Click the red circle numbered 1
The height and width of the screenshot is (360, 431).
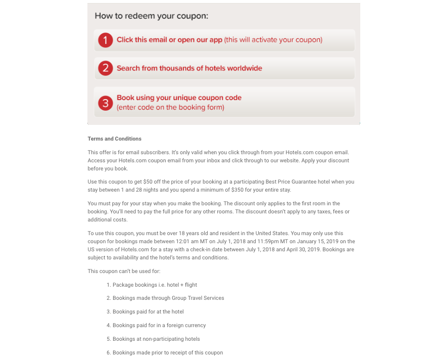105,40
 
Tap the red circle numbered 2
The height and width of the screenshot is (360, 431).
105,68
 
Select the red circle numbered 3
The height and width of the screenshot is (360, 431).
105,103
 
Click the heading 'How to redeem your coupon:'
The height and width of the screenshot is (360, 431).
152,16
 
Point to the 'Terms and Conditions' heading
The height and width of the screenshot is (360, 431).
114,139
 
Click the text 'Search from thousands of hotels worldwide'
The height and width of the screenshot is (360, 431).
189,68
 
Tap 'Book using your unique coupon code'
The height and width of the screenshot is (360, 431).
179,98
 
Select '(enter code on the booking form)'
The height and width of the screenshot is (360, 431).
170,107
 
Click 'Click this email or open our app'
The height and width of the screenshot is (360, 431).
169,40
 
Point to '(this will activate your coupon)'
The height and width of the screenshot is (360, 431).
273,40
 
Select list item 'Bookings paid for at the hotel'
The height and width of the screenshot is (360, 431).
148,311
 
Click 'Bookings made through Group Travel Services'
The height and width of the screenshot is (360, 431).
168,298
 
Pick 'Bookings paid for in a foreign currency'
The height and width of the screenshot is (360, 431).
159,325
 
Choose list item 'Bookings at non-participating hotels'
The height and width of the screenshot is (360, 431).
156,339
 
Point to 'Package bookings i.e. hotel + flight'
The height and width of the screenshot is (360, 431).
155,285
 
